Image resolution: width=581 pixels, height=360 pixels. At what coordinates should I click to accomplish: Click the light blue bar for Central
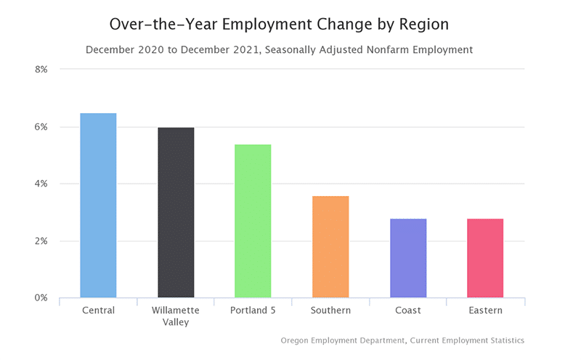98,205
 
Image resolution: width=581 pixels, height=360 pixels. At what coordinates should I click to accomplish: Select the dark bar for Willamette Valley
176,213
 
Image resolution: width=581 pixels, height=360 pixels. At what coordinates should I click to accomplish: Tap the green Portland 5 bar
253,221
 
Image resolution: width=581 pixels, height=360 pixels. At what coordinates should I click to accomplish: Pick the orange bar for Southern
330,247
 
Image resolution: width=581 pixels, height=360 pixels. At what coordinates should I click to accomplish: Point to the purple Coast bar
408,258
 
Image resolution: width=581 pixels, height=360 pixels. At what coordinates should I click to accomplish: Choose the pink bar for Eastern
485,258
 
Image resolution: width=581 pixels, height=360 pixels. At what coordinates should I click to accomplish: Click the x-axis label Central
98,311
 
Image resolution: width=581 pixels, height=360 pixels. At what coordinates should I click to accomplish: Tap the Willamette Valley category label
176,316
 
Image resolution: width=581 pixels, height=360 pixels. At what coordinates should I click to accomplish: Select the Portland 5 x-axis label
253,311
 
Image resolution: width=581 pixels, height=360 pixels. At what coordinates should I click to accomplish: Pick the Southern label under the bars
330,311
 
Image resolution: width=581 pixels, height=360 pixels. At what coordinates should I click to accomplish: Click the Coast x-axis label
408,311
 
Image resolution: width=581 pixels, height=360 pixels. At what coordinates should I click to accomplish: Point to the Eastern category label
485,311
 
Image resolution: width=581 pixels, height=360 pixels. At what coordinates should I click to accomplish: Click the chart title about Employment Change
279,24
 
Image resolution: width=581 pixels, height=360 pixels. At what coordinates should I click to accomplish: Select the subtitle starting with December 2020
279,50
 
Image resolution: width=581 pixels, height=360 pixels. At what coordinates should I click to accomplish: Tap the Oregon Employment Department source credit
402,340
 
